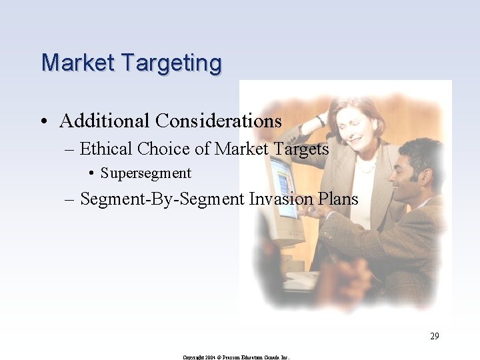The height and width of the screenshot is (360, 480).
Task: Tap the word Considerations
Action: pyautogui.click(x=219, y=121)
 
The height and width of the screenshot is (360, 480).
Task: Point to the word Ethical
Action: pyautogui.click(x=106, y=149)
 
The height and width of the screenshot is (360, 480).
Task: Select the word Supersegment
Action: pyautogui.click(x=146, y=174)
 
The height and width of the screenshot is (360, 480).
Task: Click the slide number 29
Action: pyautogui.click(x=434, y=336)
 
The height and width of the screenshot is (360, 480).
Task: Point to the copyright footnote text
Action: pyautogui.click(x=236, y=357)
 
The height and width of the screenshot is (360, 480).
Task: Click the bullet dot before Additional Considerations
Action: pyautogui.click(x=43, y=122)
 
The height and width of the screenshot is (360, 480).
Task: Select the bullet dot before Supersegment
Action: pyautogui.click(x=91, y=174)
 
